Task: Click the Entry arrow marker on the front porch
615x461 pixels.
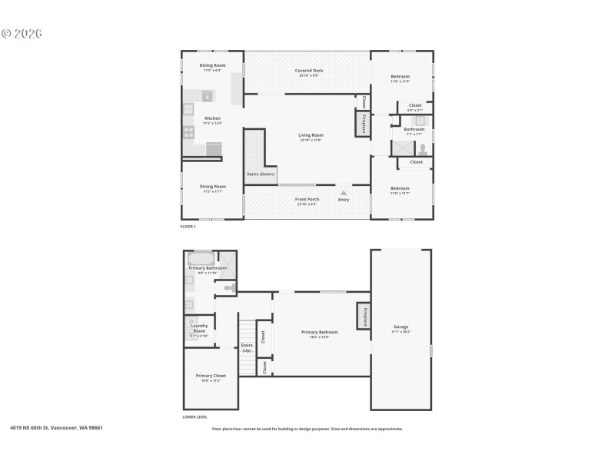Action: [344, 194]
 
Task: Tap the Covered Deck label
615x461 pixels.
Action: [308, 71]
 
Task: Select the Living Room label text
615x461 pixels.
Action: [311, 135]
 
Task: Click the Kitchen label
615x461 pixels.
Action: [212, 118]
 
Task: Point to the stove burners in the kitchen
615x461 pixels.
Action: [188, 132]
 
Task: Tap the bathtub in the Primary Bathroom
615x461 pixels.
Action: [201, 258]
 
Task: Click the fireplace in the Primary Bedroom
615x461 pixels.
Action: [363, 316]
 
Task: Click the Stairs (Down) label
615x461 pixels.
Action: [261, 174]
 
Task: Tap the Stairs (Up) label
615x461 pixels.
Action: [247, 348]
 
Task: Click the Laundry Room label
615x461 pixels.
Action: [199, 328]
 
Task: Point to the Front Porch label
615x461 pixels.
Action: [307, 200]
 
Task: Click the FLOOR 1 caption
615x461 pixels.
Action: [188, 227]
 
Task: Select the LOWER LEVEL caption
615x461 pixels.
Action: [195, 416]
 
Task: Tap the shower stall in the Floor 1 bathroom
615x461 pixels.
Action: [402, 149]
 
